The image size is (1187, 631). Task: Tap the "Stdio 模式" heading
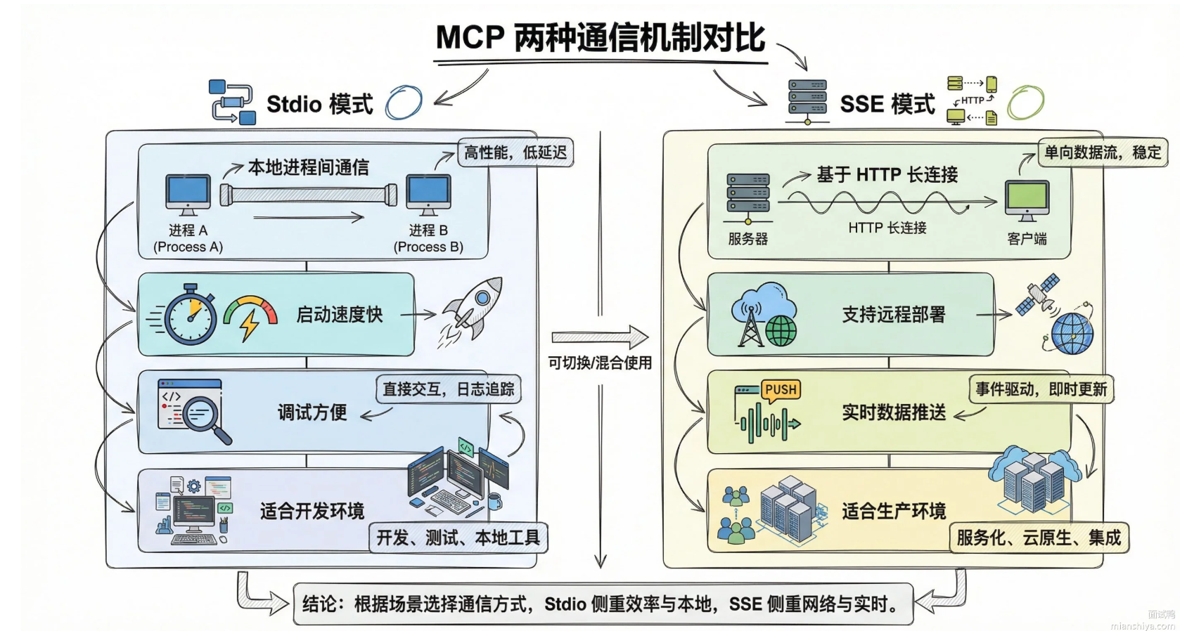point(319,104)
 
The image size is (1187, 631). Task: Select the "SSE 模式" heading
point(887,104)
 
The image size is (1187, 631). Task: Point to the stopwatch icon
point(190,315)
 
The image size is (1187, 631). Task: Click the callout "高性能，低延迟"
point(515,152)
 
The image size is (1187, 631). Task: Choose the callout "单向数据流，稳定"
point(1102,152)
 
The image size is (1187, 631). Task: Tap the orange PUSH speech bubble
point(781,390)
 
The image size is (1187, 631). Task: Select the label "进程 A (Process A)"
point(188,238)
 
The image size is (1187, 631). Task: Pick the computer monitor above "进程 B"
point(428,193)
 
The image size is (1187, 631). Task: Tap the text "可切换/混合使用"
point(600,363)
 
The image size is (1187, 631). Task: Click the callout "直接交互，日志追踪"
point(449,389)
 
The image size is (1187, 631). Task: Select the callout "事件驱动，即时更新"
point(1041,389)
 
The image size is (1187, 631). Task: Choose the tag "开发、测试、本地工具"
point(458,538)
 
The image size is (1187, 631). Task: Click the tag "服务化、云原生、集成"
point(1039,538)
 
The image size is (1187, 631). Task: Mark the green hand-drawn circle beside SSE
point(1025,103)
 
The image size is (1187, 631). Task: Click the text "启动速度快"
point(340,315)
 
